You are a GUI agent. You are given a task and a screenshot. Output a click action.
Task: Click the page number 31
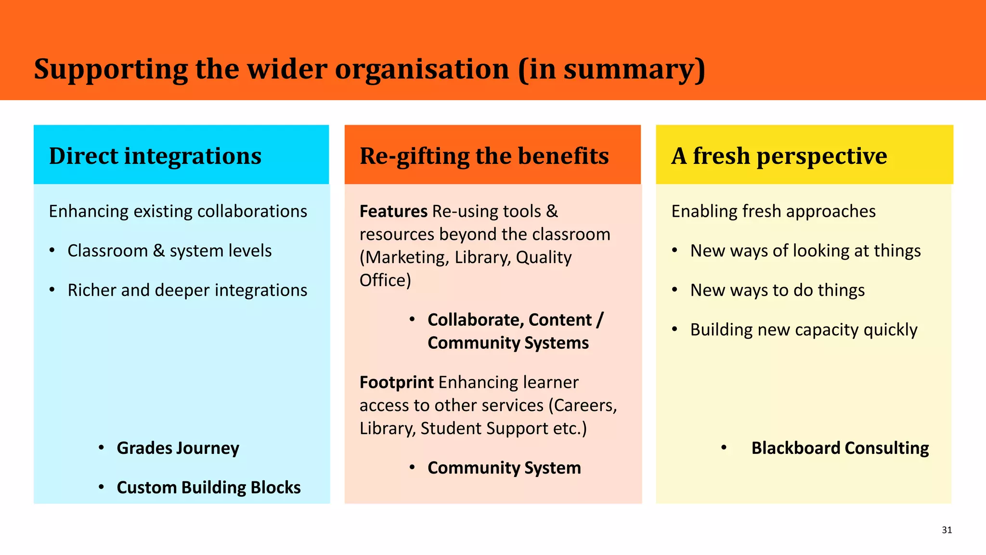tap(947, 530)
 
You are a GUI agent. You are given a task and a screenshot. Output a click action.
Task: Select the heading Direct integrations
tap(155, 156)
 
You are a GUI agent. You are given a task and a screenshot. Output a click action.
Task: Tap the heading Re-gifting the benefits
tap(484, 156)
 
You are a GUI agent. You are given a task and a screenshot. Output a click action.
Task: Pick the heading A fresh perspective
tap(778, 156)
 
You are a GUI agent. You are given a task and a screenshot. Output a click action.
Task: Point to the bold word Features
tap(393, 211)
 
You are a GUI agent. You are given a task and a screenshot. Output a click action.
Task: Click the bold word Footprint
tap(396, 383)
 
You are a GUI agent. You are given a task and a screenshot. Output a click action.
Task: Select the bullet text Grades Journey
tap(178, 448)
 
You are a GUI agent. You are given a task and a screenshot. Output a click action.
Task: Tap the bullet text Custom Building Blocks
tap(208, 488)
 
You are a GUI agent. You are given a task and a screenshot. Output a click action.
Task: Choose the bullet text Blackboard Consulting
tap(840, 448)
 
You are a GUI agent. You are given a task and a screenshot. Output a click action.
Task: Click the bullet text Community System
tap(504, 468)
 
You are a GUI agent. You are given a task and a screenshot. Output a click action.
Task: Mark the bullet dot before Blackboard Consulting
tap(724, 448)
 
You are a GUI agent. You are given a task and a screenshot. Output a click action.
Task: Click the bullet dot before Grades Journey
tap(101, 448)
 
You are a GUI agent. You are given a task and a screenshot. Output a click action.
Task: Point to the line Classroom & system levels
tap(169, 251)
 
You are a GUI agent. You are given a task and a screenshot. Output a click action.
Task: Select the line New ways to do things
tap(777, 291)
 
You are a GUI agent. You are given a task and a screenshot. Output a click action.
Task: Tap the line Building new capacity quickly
tap(804, 330)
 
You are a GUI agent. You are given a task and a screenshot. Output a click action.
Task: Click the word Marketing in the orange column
tap(407, 258)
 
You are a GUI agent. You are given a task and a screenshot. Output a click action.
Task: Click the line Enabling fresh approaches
tap(773, 211)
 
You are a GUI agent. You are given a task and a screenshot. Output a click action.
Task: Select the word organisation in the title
tap(422, 69)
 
